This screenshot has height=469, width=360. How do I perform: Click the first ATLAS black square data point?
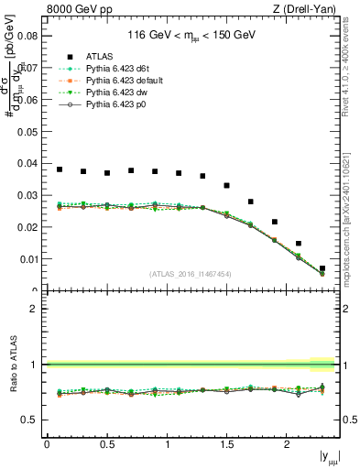coord(60,169)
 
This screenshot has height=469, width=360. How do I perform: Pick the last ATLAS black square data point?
coord(322,268)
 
